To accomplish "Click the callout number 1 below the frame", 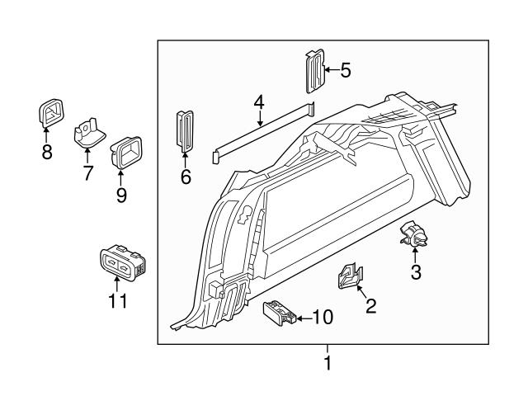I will click(328, 362).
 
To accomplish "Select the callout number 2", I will click(370, 307).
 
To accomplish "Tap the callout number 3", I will click(416, 273).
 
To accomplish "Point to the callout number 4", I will click(259, 103).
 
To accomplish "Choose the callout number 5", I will click(345, 70).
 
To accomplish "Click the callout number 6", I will click(186, 176).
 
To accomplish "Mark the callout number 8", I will click(47, 152).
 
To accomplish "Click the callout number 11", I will click(119, 301).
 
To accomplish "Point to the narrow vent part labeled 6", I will click(184, 130).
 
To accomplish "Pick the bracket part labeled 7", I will click(88, 134).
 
